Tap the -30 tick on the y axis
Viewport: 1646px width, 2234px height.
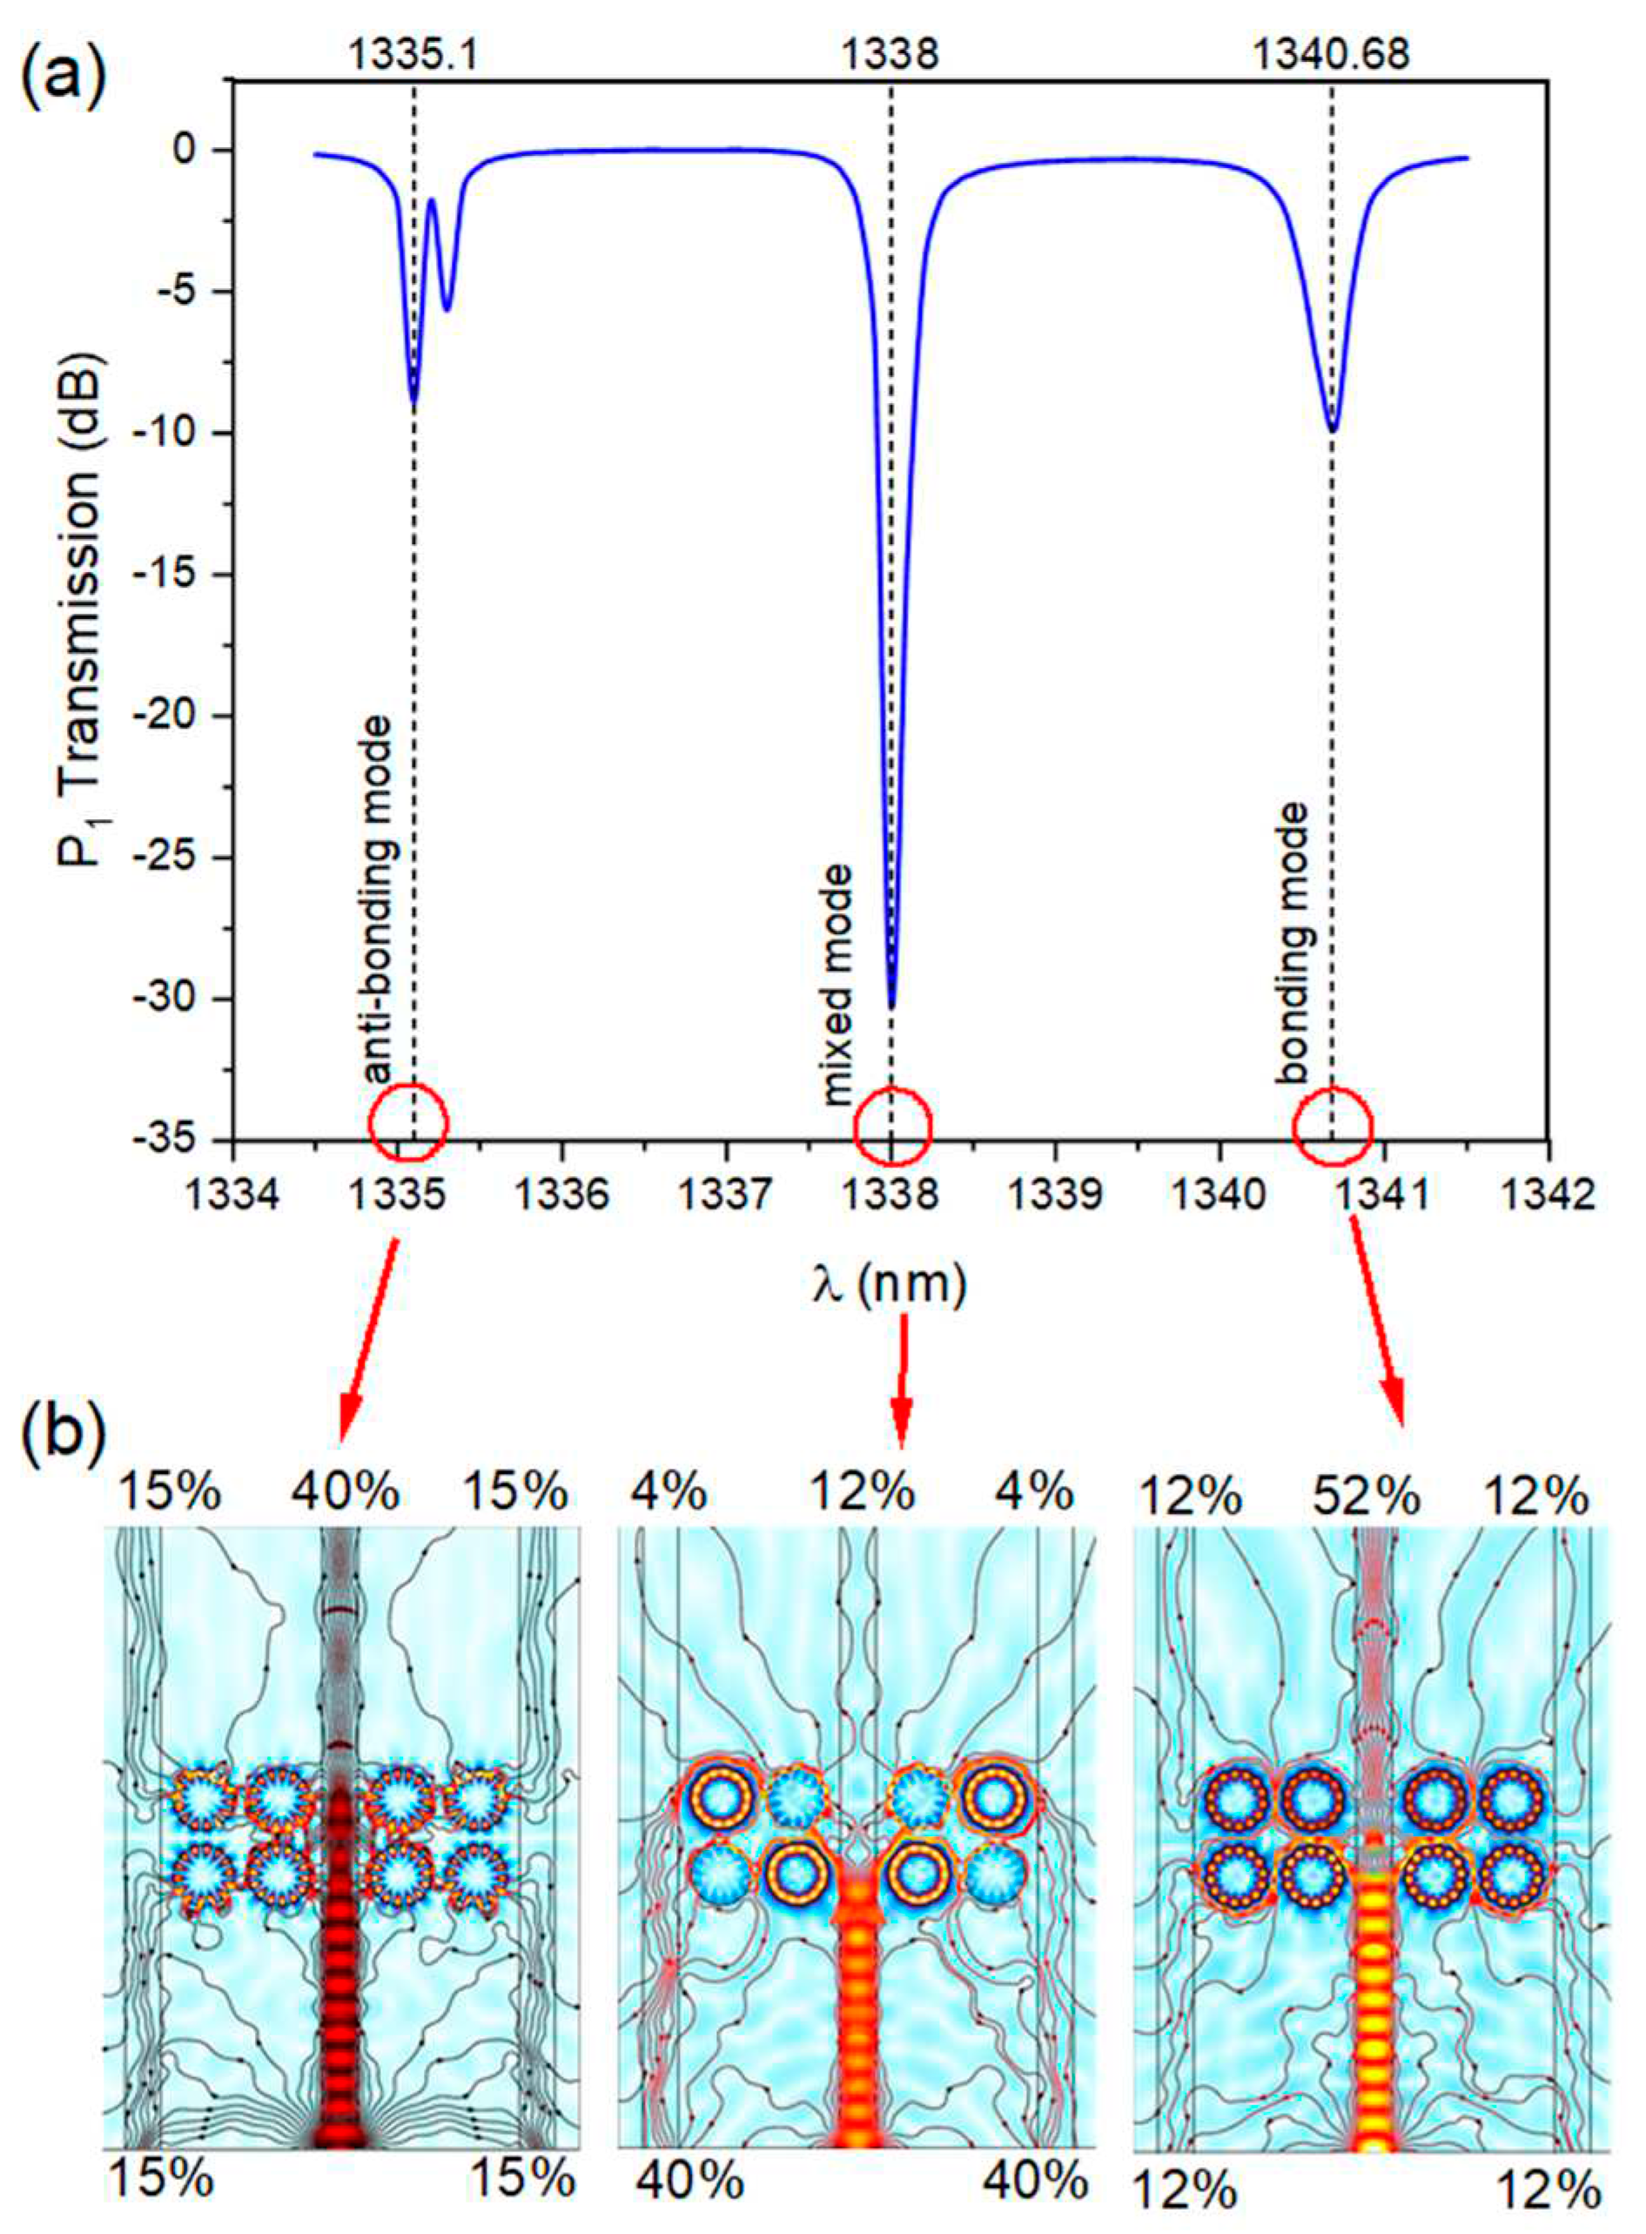[179, 999]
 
